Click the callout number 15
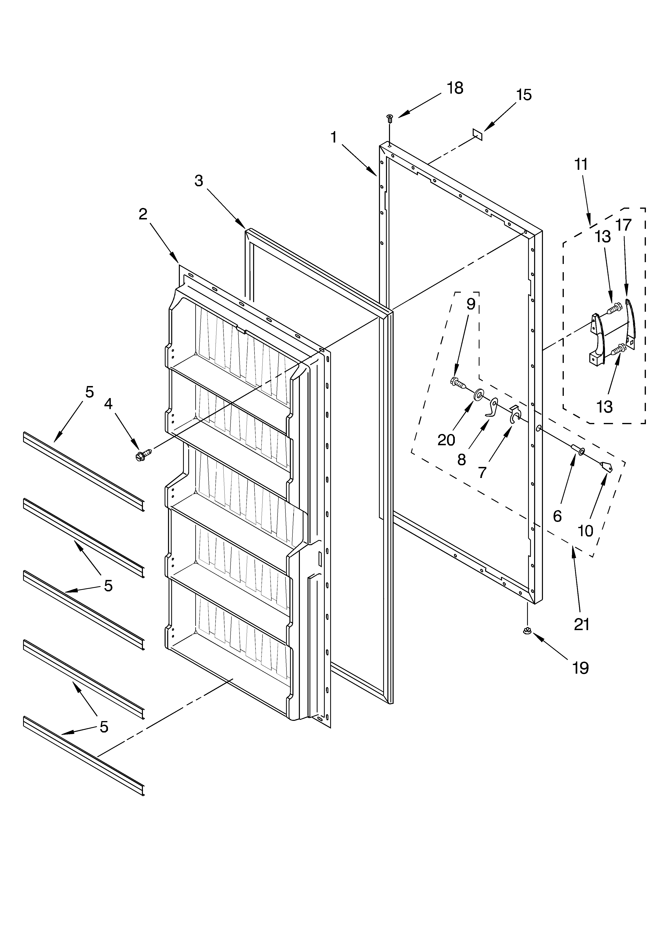click(x=524, y=95)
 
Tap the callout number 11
click(x=581, y=164)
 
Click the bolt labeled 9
click(x=458, y=383)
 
